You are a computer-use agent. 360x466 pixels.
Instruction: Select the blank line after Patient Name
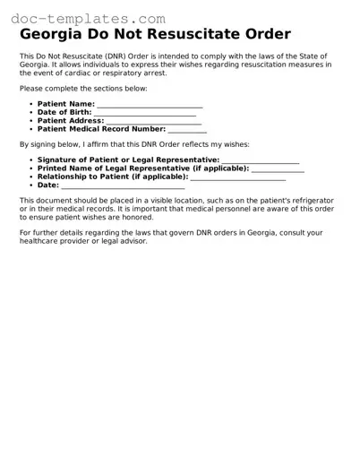pyautogui.click(x=150, y=105)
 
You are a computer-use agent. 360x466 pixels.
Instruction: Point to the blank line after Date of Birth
pyautogui.click(x=144, y=113)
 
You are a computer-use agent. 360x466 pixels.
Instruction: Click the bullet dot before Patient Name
pyautogui.click(x=30, y=105)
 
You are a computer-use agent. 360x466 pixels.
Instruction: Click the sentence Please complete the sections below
pyautogui.click(x=83, y=89)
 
